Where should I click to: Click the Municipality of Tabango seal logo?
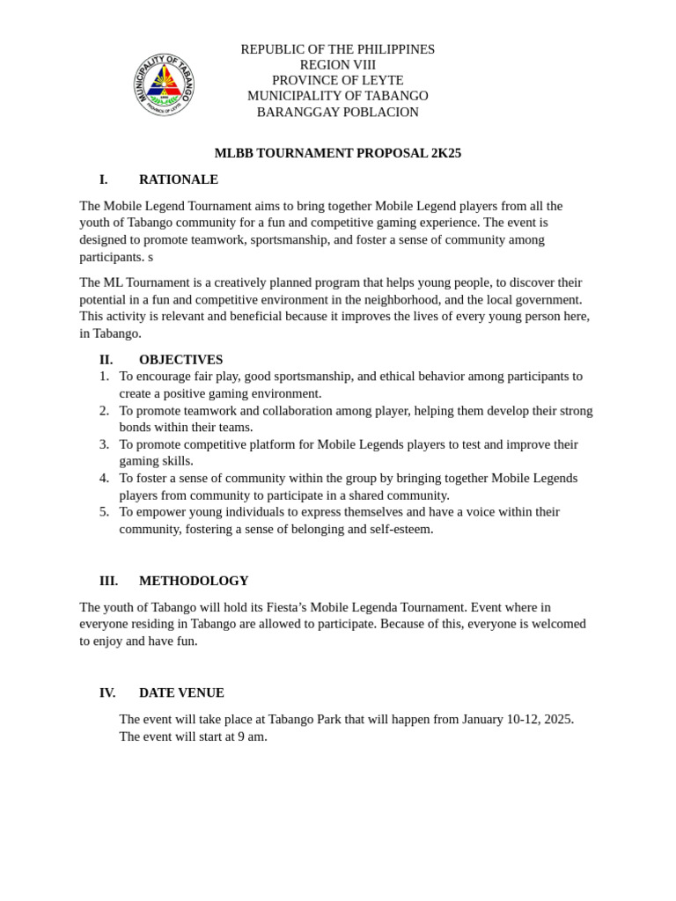click(x=165, y=84)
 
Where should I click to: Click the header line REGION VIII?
click(x=337, y=65)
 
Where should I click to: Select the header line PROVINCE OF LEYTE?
click(x=337, y=80)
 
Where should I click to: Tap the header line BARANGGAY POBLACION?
click(x=337, y=113)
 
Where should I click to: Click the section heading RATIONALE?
click(x=179, y=179)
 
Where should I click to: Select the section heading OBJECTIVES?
click(x=180, y=360)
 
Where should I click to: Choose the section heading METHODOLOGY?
click(x=194, y=581)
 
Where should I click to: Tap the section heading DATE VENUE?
click(x=181, y=692)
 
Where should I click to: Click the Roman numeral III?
click(x=108, y=581)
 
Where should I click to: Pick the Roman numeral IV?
click(x=107, y=692)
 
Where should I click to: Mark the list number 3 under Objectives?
click(x=104, y=444)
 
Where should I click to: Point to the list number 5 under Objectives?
click(x=104, y=512)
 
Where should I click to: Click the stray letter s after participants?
click(x=151, y=257)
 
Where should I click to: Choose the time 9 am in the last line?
click(x=252, y=736)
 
